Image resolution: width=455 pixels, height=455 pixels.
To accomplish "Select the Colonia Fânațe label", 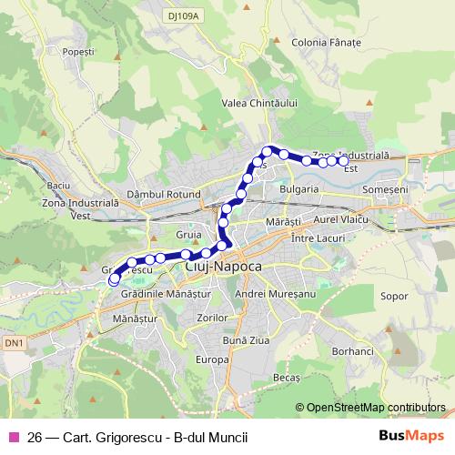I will coord(327,43).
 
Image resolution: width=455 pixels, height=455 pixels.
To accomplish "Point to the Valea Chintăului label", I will coord(260,104).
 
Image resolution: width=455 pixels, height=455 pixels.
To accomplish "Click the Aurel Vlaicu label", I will coord(339,220).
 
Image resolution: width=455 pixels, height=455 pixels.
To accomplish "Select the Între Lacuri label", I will coord(314,237).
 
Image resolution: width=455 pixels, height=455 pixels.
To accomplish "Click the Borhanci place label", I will coord(353,351).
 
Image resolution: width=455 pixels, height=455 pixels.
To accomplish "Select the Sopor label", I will coord(393,297).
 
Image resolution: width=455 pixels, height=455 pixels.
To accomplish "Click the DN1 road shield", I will coord(12,342).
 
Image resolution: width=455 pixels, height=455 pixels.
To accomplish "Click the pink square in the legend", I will coord(13,437).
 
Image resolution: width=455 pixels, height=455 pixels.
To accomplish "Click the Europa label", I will coord(211,359).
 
